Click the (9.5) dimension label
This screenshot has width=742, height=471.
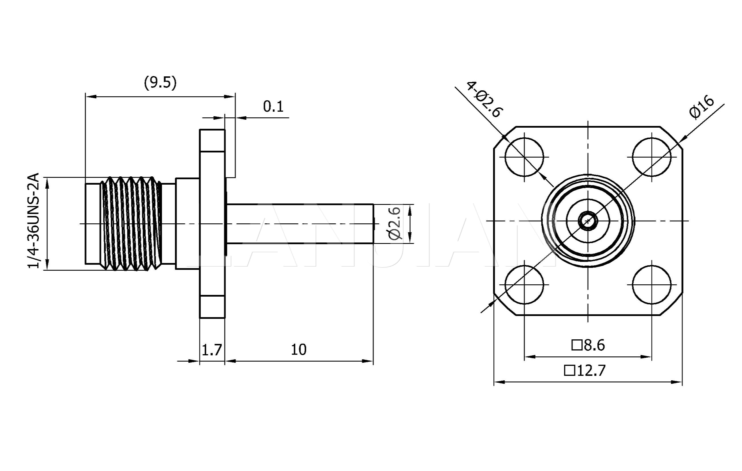pyautogui.click(x=160, y=83)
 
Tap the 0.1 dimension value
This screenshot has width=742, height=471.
pyautogui.click(x=273, y=107)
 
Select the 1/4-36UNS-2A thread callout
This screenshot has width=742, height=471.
pyautogui.click(x=34, y=221)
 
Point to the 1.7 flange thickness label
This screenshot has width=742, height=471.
pyautogui.click(x=212, y=350)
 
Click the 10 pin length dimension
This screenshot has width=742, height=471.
pyautogui.click(x=298, y=350)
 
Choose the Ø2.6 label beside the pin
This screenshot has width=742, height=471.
pyautogui.click(x=395, y=223)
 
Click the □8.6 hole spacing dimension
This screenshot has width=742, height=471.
pyautogui.click(x=588, y=345)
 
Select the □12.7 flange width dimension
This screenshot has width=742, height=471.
pyautogui.click(x=585, y=370)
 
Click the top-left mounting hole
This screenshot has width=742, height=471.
pyautogui.click(x=524, y=157)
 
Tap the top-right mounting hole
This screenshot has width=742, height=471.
pyautogui.click(x=652, y=157)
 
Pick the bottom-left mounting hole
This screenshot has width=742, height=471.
pyautogui.click(x=524, y=285)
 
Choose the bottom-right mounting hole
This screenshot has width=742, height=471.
pyautogui.click(x=652, y=285)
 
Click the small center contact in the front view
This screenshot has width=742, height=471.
pyautogui.click(x=588, y=221)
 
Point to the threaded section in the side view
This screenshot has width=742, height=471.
pyautogui.click(x=131, y=224)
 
